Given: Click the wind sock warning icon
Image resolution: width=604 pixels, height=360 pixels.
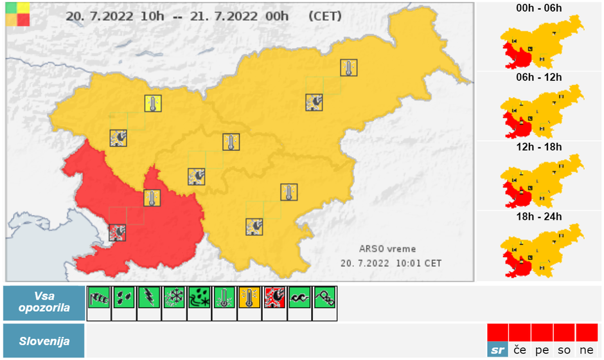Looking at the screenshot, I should pos(99,297).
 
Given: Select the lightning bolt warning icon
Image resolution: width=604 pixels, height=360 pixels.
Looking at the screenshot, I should pos(149,297).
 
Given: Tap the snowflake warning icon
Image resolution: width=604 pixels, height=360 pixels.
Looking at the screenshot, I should pos(174,297).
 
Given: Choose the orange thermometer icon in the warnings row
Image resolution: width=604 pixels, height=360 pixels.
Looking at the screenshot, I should pos(249,297).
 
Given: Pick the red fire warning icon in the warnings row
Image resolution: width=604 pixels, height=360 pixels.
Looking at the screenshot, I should pos(274,297).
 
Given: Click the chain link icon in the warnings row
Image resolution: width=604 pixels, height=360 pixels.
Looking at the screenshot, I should pos(324,297).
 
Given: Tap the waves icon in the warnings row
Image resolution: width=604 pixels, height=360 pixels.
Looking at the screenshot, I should pos(299,297).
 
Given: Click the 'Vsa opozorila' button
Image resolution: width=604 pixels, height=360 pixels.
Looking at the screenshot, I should pos(44,303).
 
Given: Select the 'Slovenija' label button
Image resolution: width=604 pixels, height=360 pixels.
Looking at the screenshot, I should pos(44,341).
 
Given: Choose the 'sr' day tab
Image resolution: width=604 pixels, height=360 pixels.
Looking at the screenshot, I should pos(497,350).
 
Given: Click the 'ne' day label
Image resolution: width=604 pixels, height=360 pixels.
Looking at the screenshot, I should pos(586,350).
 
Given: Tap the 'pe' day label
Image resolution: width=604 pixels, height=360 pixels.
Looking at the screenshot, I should pos(542,350).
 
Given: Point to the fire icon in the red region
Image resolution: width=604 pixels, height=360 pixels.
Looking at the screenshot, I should pos(118,232).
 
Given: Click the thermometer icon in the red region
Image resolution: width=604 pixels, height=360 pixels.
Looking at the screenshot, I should pos(152,198).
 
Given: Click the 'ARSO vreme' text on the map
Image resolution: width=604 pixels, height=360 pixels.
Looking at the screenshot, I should pos(387,249).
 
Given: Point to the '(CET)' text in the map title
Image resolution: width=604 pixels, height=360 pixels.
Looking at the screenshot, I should pos(326,15).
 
